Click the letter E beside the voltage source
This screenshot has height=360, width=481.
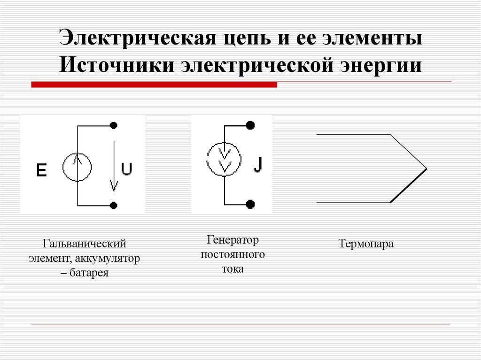click(41, 170)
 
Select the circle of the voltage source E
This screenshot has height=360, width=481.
click(78, 166)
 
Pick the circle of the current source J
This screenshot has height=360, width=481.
click(225, 160)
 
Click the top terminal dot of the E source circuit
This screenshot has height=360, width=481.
click(113, 125)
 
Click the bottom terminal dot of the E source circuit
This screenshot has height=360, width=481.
click(113, 205)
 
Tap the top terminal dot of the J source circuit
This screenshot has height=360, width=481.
click(250, 125)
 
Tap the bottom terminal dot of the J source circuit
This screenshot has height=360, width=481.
click(250, 204)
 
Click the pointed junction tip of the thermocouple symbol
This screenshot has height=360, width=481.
click(426, 168)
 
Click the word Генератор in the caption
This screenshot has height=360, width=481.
click(233, 240)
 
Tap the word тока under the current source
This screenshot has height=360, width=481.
click(233, 270)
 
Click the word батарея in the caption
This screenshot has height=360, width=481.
click(89, 273)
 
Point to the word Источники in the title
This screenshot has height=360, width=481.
click(116, 64)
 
